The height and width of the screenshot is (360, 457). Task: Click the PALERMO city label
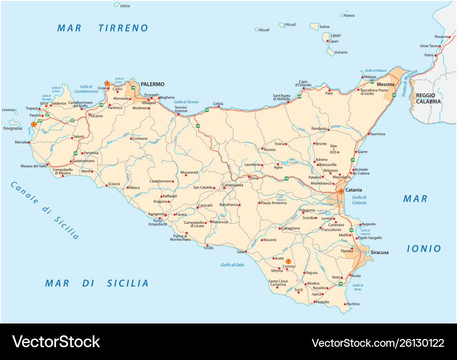coord(152,84)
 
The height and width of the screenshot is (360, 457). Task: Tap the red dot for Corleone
coord(131,138)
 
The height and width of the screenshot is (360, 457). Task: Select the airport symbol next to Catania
coord(341,191)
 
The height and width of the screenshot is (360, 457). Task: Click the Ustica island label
coord(124,6)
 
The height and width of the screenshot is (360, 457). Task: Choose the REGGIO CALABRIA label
coord(428,98)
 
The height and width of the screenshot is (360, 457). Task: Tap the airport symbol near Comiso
coord(288,261)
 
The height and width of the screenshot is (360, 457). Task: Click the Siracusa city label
coord(379,252)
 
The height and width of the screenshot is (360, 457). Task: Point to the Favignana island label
coord(12,128)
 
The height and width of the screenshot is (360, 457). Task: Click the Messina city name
coord(385,85)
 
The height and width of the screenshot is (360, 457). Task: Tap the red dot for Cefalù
coord(218,107)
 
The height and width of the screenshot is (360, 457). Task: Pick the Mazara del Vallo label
coord(34,166)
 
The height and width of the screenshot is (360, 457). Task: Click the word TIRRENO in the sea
coord(123,28)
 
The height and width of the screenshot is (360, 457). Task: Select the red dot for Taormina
coord(368,134)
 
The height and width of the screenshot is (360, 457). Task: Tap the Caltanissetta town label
coord(233,185)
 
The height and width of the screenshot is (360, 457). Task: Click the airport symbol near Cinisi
coord(107,83)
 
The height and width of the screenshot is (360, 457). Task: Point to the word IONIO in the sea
coord(424,249)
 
